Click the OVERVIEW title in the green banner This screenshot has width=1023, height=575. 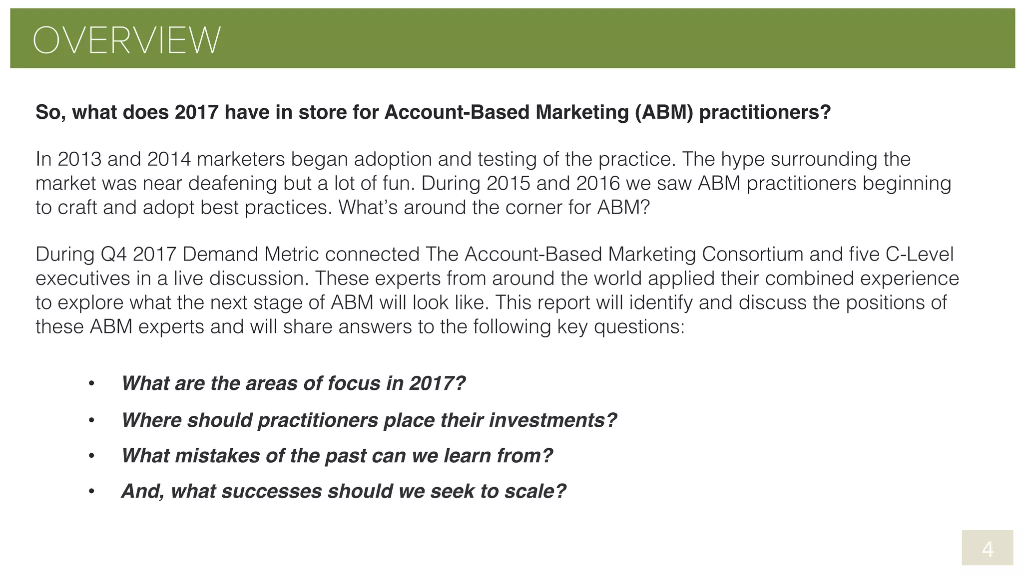coord(126,40)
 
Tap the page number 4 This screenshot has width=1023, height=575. coord(987,550)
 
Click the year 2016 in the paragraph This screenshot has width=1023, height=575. coord(597,183)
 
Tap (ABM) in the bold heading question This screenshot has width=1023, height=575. coord(664,112)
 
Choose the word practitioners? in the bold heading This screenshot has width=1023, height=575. coord(765,112)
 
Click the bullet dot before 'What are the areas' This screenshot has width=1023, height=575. coord(91,384)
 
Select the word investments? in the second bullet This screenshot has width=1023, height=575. coord(553,420)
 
